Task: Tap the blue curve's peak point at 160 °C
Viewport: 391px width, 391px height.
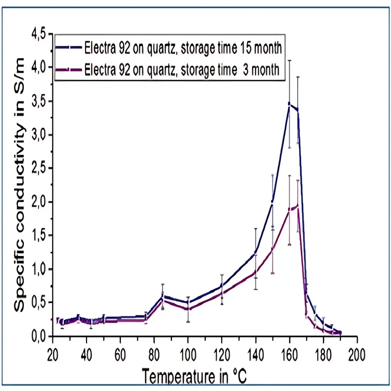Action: click(289, 104)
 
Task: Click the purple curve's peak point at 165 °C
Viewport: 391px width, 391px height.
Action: click(298, 205)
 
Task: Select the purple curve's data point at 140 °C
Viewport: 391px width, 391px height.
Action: click(255, 272)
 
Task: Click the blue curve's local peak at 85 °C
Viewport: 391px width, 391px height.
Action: click(163, 297)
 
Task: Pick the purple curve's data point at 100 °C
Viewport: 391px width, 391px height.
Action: click(188, 309)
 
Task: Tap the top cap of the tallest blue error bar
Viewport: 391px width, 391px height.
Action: click(289, 60)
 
